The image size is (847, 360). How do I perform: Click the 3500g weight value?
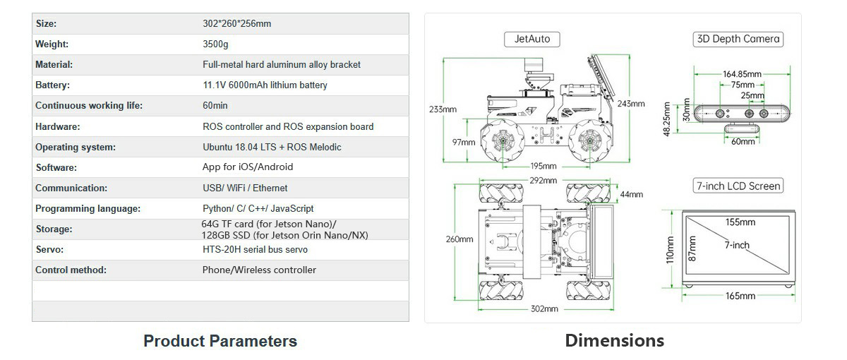[x=215, y=44]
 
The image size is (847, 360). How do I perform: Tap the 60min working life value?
[x=215, y=106]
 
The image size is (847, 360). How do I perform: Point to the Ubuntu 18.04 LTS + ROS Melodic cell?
[x=272, y=147]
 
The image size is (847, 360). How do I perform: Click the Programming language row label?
[x=88, y=208]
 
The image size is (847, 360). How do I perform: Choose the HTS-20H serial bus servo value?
[x=255, y=249]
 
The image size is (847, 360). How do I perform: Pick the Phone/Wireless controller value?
[x=259, y=270]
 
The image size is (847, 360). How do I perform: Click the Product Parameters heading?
[x=220, y=341]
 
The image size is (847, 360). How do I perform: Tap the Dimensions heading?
[x=614, y=340]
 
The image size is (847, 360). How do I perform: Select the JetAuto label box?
[x=532, y=39]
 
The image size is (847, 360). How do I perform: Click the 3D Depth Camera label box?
[x=738, y=39]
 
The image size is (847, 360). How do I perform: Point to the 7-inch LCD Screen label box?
[x=738, y=186]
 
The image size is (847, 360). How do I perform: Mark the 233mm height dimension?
[x=443, y=109]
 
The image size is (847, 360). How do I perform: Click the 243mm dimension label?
[x=631, y=104]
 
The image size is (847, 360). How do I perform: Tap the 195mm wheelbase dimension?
[x=543, y=167]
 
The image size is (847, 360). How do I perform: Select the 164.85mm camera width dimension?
[x=742, y=74]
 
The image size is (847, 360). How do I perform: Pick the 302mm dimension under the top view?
[x=543, y=308]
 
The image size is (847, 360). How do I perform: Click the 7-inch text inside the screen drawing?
[x=736, y=245]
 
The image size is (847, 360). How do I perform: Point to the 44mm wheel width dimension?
[x=631, y=194]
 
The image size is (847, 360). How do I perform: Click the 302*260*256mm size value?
[x=236, y=24]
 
